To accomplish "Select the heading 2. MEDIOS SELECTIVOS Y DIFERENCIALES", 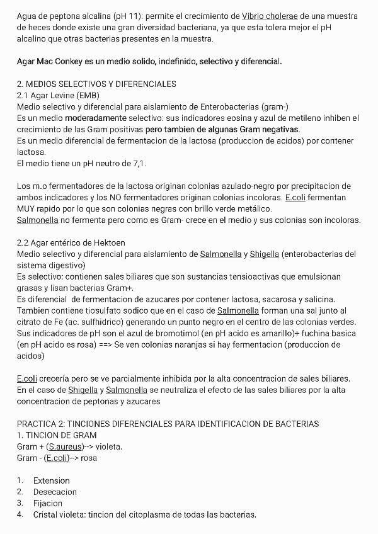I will click(x=96, y=84).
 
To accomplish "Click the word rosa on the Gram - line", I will click(x=89, y=458).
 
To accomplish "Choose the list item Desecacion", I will click(x=55, y=492).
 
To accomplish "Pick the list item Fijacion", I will click(x=48, y=503).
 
